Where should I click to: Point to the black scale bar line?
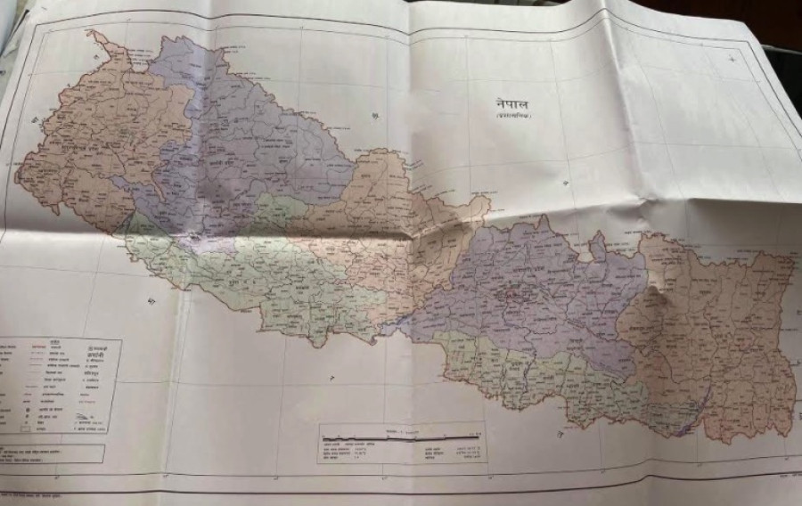401,436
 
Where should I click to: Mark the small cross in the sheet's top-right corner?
732,59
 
